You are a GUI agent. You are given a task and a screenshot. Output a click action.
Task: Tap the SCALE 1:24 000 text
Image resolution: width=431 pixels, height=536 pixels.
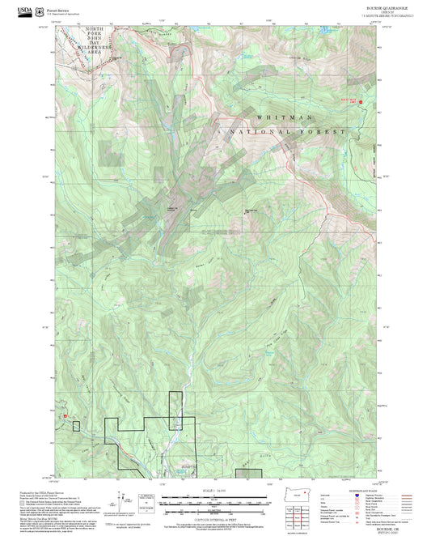(x=215, y=490)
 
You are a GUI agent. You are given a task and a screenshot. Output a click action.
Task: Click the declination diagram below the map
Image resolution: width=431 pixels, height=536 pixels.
(x=146, y=501)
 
